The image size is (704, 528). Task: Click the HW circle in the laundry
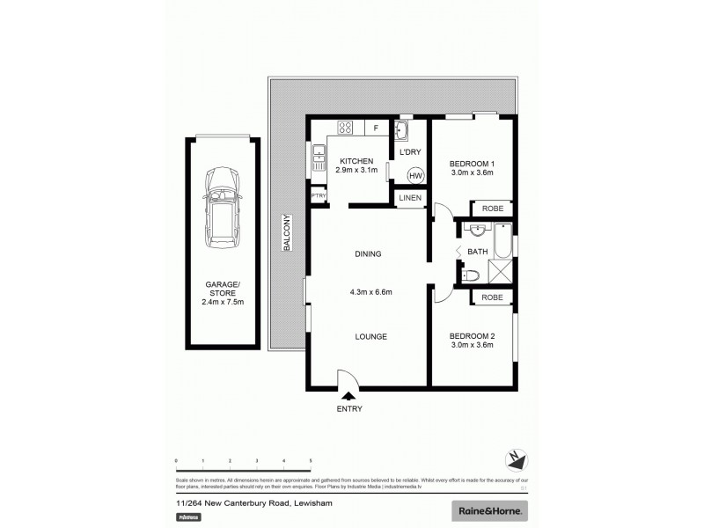pyautogui.click(x=415, y=175)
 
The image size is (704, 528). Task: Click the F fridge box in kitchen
pyautogui.click(x=376, y=128)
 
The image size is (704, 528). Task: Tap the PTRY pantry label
pyautogui.click(x=316, y=195)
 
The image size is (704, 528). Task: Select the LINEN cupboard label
pyautogui.click(x=410, y=199)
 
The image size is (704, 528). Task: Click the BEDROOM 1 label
pyautogui.click(x=473, y=163)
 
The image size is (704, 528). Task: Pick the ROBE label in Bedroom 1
pyautogui.click(x=492, y=209)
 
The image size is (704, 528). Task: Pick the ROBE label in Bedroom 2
pyautogui.click(x=492, y=297)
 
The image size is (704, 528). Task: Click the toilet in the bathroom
pyautogui.click(x=470, y=275)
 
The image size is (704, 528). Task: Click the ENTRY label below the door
pyautogui.click(x=349, y=408)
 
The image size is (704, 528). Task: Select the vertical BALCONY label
pyautogui.click(x=287, y=234)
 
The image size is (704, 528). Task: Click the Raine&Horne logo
pyautogui.click(x=489, y=510)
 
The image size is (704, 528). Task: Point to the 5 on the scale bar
pyautogui.click(x=311, y=460)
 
